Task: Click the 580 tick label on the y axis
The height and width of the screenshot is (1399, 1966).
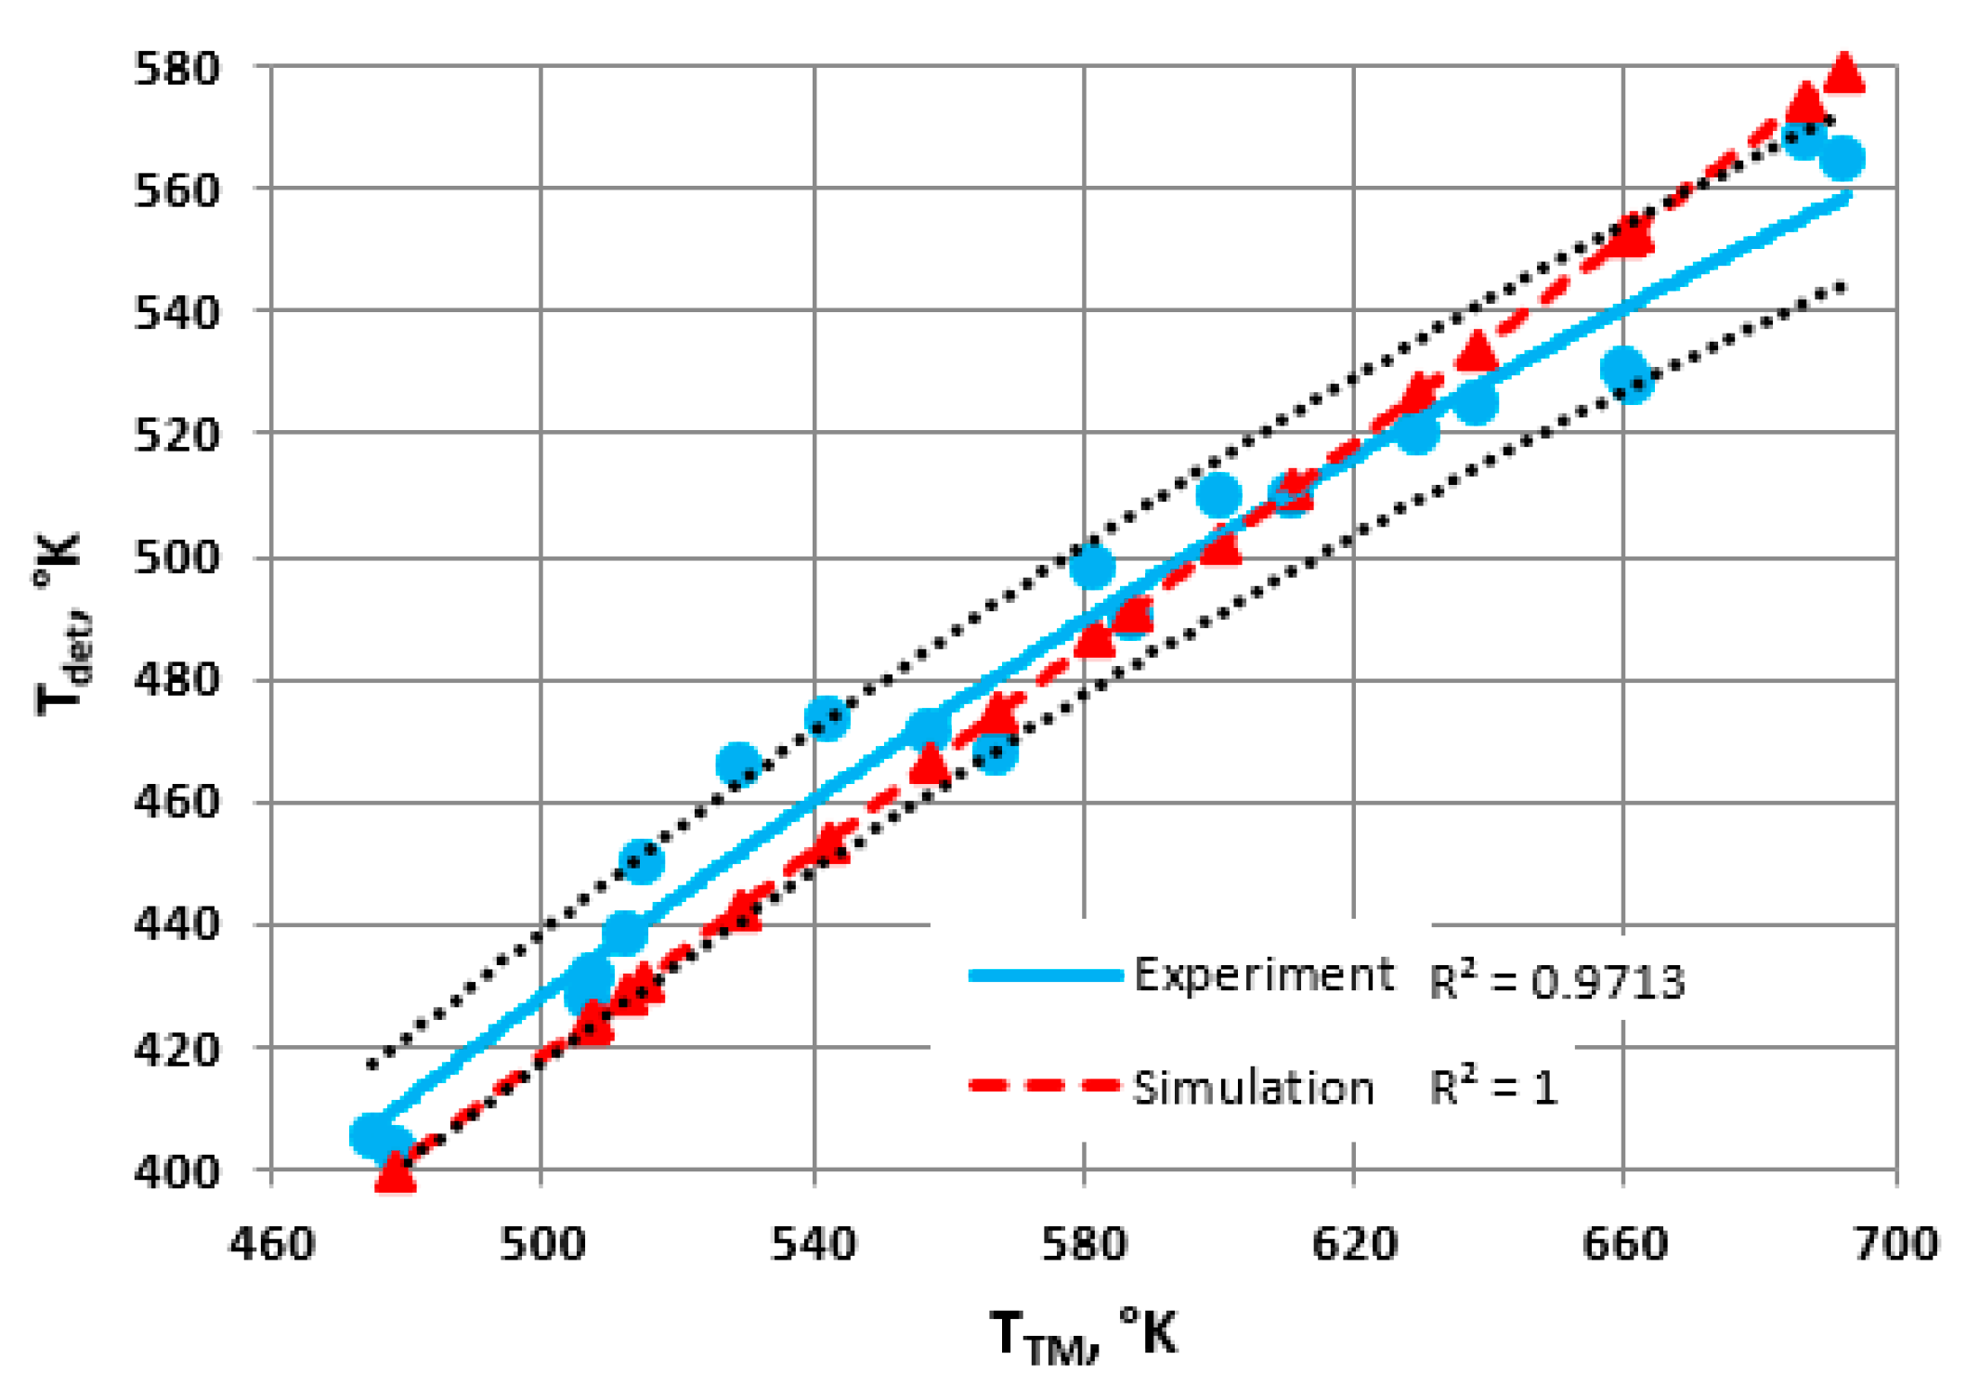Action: click(x=176, y=69)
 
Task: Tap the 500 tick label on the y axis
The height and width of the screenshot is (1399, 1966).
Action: click(x=176, y=559)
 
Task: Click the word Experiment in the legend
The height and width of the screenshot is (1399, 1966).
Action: click(x=1263, y=974)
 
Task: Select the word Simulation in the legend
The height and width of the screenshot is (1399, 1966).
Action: click(x=1253, y=1088)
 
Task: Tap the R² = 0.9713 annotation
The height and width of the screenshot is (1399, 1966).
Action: click(x=1556, y=982)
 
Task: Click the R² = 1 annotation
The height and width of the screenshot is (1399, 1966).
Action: click(x=1493, y=1088)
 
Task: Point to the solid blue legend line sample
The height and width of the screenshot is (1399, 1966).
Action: click(x=1046, y=975)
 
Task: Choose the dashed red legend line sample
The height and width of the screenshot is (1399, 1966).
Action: click(x=1046, y=1086)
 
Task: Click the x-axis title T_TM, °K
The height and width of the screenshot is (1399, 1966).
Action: click(x=1083, y=1336)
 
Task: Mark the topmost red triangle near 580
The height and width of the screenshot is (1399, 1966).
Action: click(x=1844, y=72)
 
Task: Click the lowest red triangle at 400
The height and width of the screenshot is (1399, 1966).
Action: click(x=396, y=1172)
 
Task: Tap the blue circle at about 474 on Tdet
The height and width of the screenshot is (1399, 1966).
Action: click(x=827, y=719)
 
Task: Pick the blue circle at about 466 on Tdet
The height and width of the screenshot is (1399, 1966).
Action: click(x=738, y=765)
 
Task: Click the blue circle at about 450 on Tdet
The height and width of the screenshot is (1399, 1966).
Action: click(x=642, y=862)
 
